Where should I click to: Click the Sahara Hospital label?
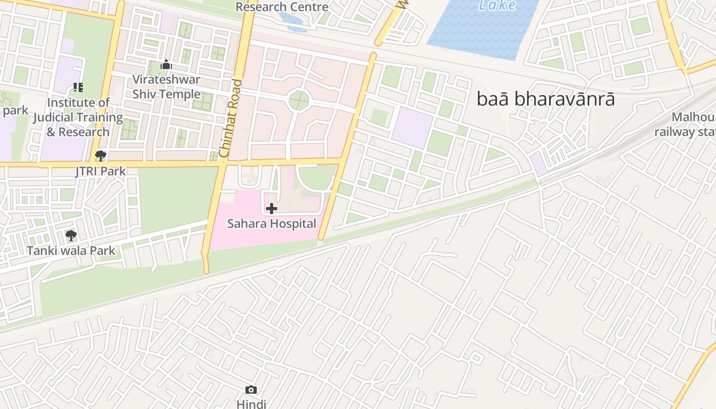click(x=272, y=223)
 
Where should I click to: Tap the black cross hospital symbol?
click(x=272, y=208)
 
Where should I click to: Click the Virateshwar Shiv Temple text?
click(x=166, y=87)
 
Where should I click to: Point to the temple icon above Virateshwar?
click(x=166, y=65)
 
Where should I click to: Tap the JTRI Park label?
click(x=101, y=171)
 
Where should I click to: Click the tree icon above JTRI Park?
click(x=101, y=156)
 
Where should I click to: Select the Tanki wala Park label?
click(x=71, y=251)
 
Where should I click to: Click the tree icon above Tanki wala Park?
click(x=71, y=236)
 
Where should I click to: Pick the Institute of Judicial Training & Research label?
click(x=78, y=117)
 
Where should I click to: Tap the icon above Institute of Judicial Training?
click(x=78, y=87)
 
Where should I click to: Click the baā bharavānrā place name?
click(x=546, y=99)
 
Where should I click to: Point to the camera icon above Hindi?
click(x=251, y=390)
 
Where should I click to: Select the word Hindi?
click(x=251, y=404)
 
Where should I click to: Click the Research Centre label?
click(x=282, y=7)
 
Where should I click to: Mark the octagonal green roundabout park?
click(x=299, y=100)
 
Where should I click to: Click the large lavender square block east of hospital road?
click(x=412, y=128)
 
